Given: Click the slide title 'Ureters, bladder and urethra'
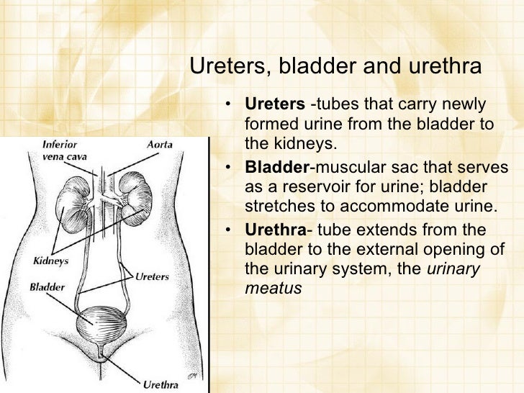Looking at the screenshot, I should click(x=335, y=66).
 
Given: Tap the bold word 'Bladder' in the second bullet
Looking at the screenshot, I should click(x=276, y=168).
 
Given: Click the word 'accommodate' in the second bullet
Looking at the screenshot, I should click(x=393, y=207).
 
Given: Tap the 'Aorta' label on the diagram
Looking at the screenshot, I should click(x=159, y=144).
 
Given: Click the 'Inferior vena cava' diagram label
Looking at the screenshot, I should click(x=60, y=150).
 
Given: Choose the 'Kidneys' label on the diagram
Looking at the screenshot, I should click(x=50, y=261).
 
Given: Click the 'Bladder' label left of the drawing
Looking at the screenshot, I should click(x=47, y=286).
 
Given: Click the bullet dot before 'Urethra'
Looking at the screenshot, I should click(x=227, y=231).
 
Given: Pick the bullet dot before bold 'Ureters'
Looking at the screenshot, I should click(x=227, y=105).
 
